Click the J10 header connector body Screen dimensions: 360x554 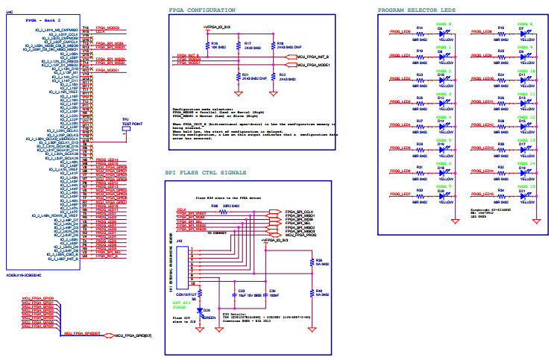pos(182,265)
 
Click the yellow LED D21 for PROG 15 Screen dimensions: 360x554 pos(524,197)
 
